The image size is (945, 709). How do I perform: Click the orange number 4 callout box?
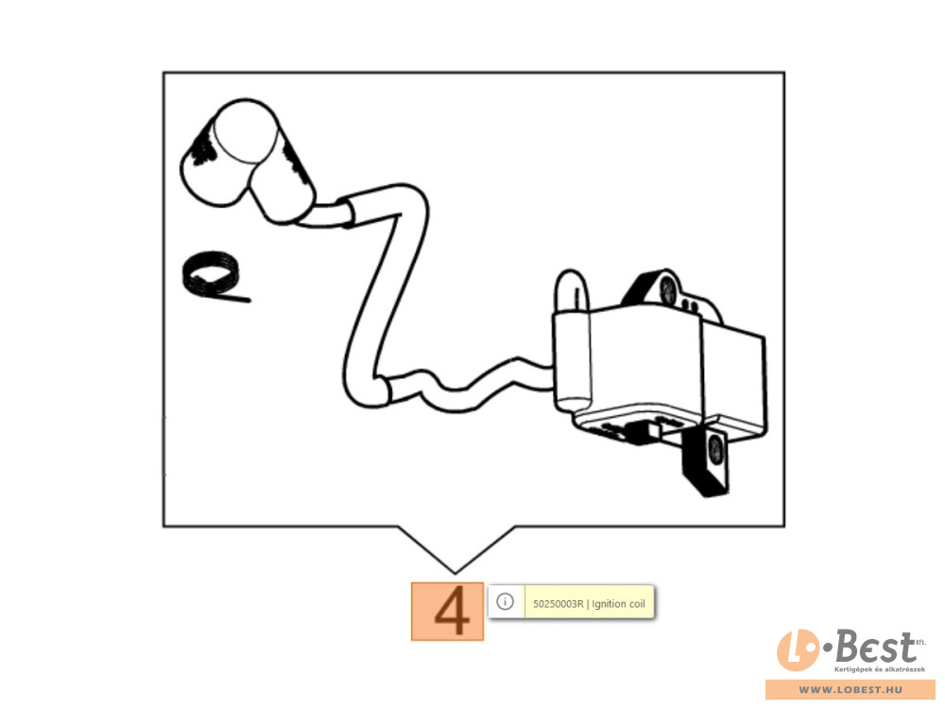(447, 612)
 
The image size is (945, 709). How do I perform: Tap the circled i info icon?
(505, 601)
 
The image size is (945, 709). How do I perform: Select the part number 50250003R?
(558, 604)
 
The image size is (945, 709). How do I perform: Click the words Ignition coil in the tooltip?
(618, 604)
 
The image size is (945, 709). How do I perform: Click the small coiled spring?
(211, 274)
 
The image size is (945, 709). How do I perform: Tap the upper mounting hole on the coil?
(668, 290)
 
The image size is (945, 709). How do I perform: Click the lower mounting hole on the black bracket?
(716, 450)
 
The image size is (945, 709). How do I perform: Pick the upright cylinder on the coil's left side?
(572, 344)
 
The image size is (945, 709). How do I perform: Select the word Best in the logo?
(874, 648)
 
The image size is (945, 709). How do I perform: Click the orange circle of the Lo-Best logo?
(798, 650)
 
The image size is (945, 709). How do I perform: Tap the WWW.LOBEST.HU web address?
(850, 690)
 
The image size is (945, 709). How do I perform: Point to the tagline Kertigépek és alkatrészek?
(879, 670)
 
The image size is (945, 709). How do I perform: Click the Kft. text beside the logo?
(920, 642)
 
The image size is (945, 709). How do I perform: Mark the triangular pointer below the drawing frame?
(455, 549)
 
